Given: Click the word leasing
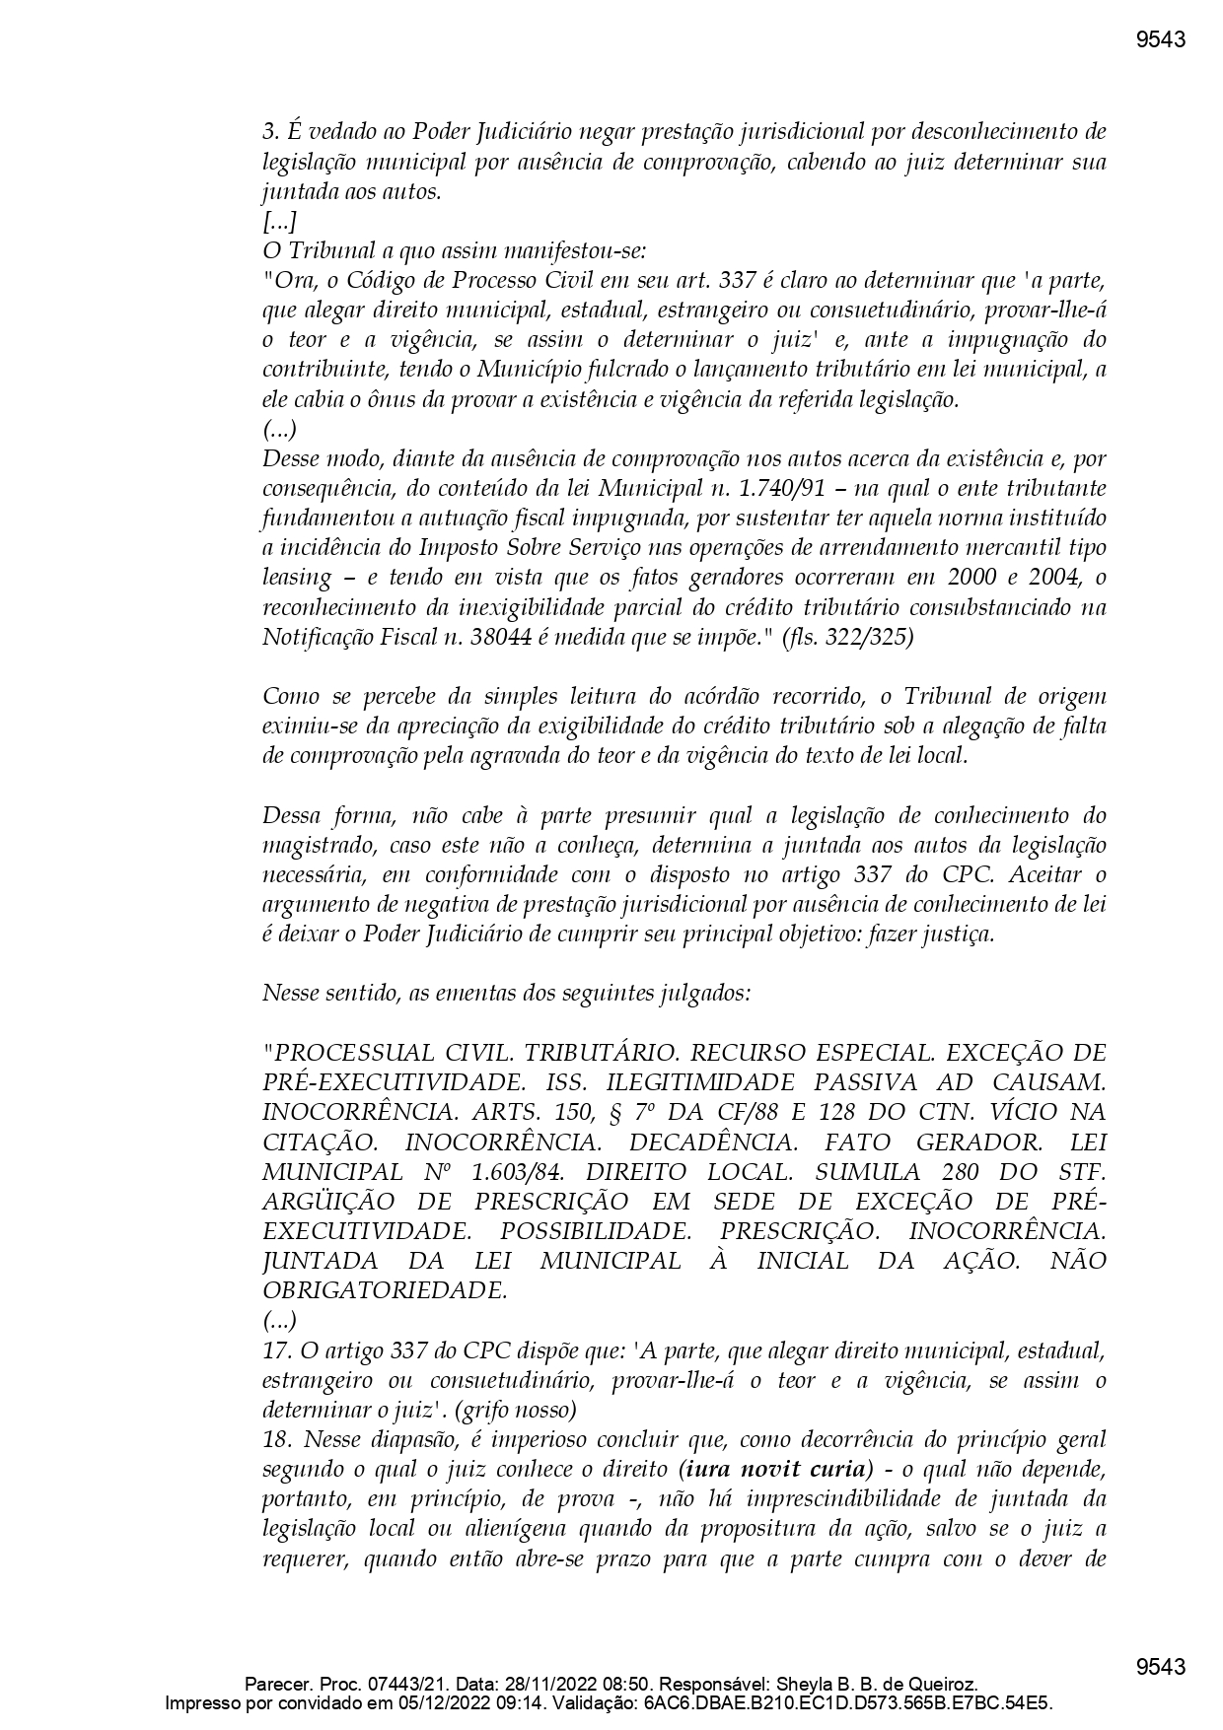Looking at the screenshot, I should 297,578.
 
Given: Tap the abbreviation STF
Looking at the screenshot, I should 1078,1172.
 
